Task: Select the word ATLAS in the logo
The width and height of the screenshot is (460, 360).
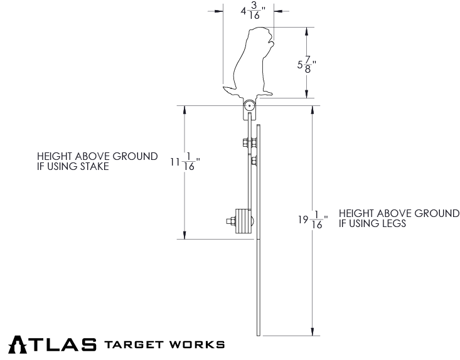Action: click(53, 344)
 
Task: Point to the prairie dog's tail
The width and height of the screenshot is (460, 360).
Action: click(227, 90)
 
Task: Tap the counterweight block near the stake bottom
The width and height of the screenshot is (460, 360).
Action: click(242, 221)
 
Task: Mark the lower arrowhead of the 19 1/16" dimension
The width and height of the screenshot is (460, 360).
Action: click(312, 332)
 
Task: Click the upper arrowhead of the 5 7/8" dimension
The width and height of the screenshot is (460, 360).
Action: click(306, 31)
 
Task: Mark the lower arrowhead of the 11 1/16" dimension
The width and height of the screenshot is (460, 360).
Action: click(185, 235)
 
